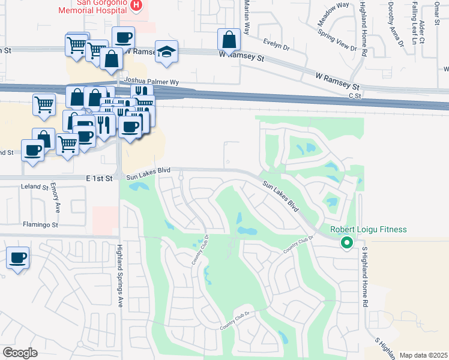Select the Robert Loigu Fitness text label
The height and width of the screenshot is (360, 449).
tap(369, 230)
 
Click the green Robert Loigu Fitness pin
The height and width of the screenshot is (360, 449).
tap(346, 243)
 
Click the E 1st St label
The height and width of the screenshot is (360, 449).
tap(100, 178)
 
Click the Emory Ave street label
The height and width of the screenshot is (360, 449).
tap(58, 199)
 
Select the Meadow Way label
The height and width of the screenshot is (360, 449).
tap(334, 14)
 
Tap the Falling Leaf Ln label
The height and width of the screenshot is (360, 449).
tap(414, 24)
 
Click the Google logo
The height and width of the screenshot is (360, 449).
tap(20, 352)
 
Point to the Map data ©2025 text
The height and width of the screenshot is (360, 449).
tap(423, 355)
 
